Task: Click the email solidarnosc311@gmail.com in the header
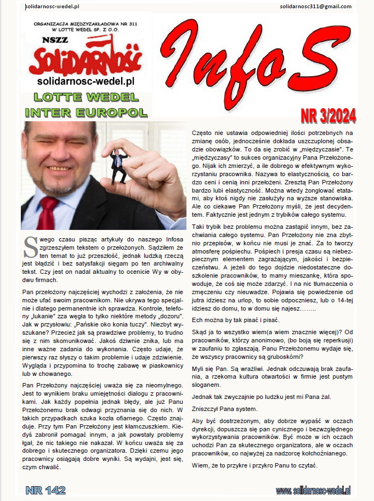pos(315,6)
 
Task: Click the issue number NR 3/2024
pos(328,116)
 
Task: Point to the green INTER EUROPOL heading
pos(87,112)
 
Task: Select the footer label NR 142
pos(46,489)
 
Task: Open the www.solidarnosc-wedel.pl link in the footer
pos(313,490)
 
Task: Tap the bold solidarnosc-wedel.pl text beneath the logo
pos(86,82)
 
